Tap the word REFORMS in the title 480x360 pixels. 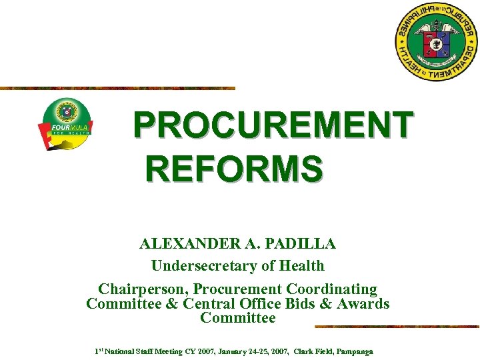click(235, 168)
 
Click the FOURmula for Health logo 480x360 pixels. click(65, 124)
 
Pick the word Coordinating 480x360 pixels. click(331, 289)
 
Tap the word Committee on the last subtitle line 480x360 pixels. click(238, 318)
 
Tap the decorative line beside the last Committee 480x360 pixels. click(397, 327)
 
